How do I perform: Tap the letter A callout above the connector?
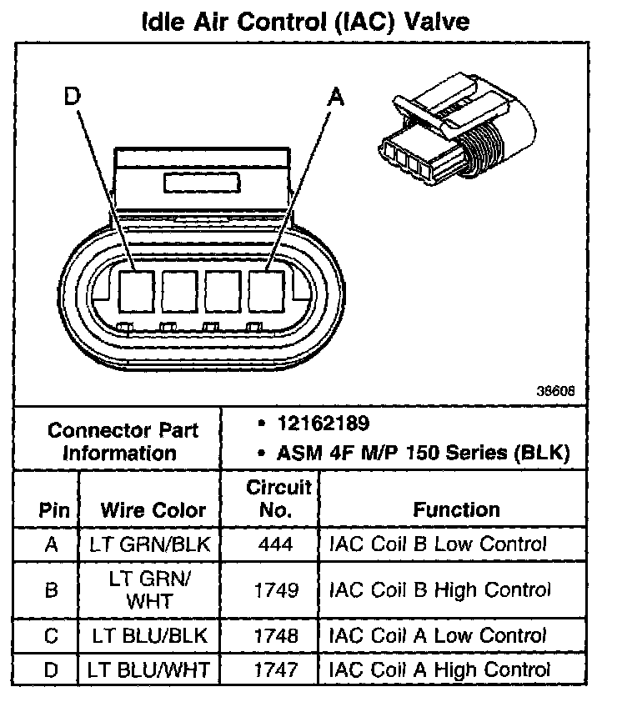tap(335, 98)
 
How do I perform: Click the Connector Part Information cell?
tap(123, 442)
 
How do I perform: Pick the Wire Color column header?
tap(153, 510)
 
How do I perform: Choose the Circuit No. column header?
tap(278, 499)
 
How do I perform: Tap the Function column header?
tap(456, 510)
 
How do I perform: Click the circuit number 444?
tap(277, 546)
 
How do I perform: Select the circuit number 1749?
tap(277, 590)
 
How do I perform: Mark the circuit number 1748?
tap(277, 636)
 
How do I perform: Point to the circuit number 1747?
tap(277, 669)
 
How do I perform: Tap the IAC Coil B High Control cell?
tap(440, 590)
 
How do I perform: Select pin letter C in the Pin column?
tap(52, 636)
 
